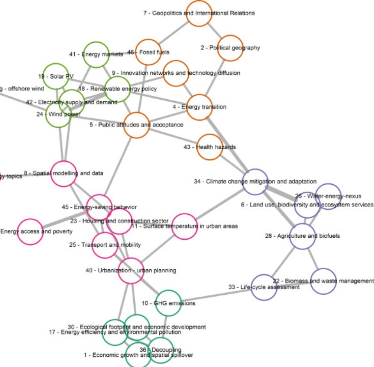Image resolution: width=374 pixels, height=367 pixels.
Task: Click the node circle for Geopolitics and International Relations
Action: (199, 13)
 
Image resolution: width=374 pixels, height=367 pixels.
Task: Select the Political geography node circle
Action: (230, 48)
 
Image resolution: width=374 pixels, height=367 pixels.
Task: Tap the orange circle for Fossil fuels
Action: (148, 52)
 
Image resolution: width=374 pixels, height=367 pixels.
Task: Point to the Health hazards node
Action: (209, 147)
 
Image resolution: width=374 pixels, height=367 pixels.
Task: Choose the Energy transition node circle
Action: (200, 107)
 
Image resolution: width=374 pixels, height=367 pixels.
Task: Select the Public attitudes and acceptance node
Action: (136, 125)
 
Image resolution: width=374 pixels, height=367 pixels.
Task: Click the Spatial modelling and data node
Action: (64, 173)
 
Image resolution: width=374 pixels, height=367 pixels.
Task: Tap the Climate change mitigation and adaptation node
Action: (255, 182)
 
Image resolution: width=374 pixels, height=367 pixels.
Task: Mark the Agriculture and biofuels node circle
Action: (303, 236)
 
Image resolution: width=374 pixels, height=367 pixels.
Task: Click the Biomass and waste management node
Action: (323, 281)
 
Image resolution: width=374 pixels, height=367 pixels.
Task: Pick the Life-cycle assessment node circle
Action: (264, 287)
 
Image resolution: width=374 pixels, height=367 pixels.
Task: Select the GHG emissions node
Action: (168, 303)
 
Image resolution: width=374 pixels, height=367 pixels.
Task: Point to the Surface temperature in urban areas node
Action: (184, 226)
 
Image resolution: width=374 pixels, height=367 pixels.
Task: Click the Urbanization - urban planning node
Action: (131, 271)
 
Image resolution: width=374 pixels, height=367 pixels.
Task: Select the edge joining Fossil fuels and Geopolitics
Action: (174, 32)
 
